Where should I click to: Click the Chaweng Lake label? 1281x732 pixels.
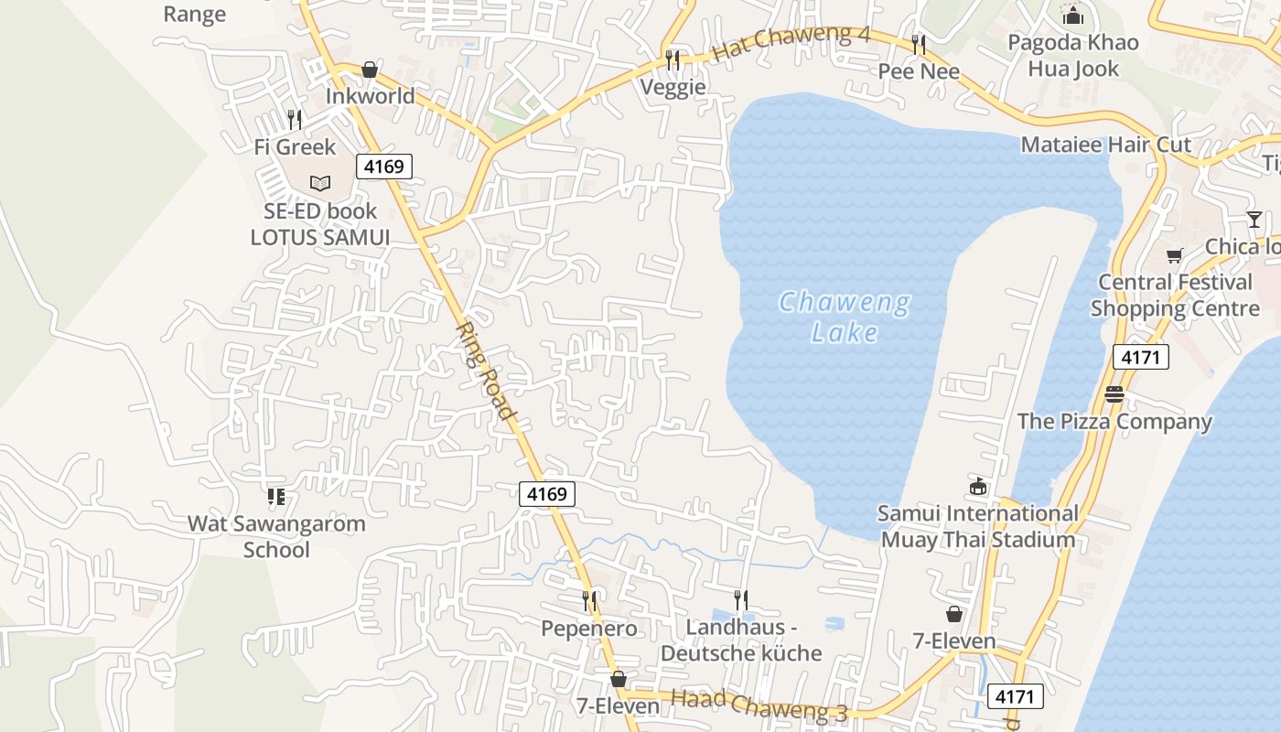(x=844, y=317)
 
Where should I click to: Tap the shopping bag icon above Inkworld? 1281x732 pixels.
(x=370, y=70)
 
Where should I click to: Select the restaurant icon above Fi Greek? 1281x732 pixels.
(x=294, y=120)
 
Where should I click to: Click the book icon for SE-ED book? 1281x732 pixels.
(x=319, y=184)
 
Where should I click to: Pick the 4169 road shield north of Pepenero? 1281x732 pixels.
(x=547, y=494)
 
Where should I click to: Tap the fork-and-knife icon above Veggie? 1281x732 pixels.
(x=673, y=60)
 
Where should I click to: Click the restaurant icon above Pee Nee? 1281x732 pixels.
(x=919, y=45)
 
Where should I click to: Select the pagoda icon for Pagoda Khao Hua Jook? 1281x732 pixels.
(x=1072, y=16)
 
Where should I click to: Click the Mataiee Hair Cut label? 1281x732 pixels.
(x=1105, y=145)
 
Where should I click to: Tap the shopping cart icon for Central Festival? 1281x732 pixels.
(x=1174, y=256)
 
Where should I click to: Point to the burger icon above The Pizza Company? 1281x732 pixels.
(x=1114, y=395)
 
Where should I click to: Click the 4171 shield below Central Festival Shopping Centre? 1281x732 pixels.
(x=1140, y=357)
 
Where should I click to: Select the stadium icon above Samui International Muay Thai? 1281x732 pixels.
(x=978, y=486)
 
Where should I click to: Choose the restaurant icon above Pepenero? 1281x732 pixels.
(x=590, y=601)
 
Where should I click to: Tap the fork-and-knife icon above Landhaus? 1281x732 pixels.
(x=741, y=600)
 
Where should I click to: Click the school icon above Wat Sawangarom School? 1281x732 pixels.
(x=275, y=497)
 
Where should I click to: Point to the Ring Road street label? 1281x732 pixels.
(x=487, y=370)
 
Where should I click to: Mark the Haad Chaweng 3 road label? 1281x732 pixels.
(x=759, y=705)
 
